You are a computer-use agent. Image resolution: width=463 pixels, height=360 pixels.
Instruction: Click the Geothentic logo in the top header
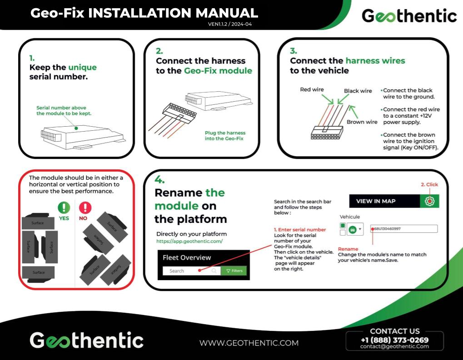coord(409,16)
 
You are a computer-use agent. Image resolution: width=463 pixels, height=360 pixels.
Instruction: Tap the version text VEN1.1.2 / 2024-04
coord(229,24)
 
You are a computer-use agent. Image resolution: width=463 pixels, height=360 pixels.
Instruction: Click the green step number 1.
coord(32,58)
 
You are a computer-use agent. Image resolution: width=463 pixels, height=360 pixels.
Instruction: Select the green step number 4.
coord(159,179)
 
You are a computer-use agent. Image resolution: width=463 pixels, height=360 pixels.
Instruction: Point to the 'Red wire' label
coord(312,89)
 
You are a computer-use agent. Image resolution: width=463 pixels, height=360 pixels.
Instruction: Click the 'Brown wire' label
coord(362,122)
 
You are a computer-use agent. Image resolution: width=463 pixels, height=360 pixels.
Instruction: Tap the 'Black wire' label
coord(358,91)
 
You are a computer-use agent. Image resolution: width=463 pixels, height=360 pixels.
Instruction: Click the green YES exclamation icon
coord(64,208)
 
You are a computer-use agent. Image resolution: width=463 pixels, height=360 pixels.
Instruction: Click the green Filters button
coord(234,271)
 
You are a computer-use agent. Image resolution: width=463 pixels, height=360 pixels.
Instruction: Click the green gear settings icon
coord(429,201)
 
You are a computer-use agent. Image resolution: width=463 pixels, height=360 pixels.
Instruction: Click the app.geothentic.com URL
coord(189,242)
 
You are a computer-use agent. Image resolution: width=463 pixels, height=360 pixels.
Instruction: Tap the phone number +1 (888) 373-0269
coord(394,340)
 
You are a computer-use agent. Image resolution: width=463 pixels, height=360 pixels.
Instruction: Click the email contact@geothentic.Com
coord(394,346)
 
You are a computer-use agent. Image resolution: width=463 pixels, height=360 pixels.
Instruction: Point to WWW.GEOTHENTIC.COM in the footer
coord(249,343)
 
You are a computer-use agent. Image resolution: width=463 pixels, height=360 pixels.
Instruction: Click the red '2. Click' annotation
coord(429,185)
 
